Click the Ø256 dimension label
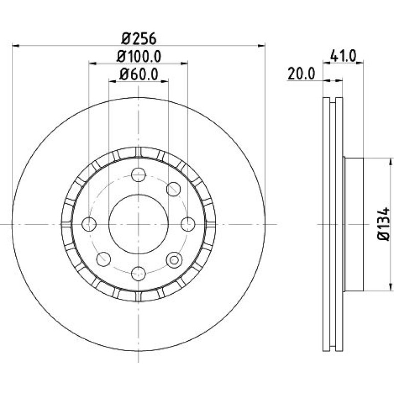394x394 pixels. coord(139,39)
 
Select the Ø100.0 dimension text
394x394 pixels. coord(139,56)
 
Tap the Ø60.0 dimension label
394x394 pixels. coord(139,74)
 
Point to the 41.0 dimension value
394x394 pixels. coord(343,56)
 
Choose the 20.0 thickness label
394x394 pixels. coord(301,74)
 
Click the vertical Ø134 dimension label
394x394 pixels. coord(384,224)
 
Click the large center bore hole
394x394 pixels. coord(139,224)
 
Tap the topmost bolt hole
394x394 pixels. coord(139,174)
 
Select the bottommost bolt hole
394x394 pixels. coord(139,274)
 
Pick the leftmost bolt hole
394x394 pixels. coord(89,224)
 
